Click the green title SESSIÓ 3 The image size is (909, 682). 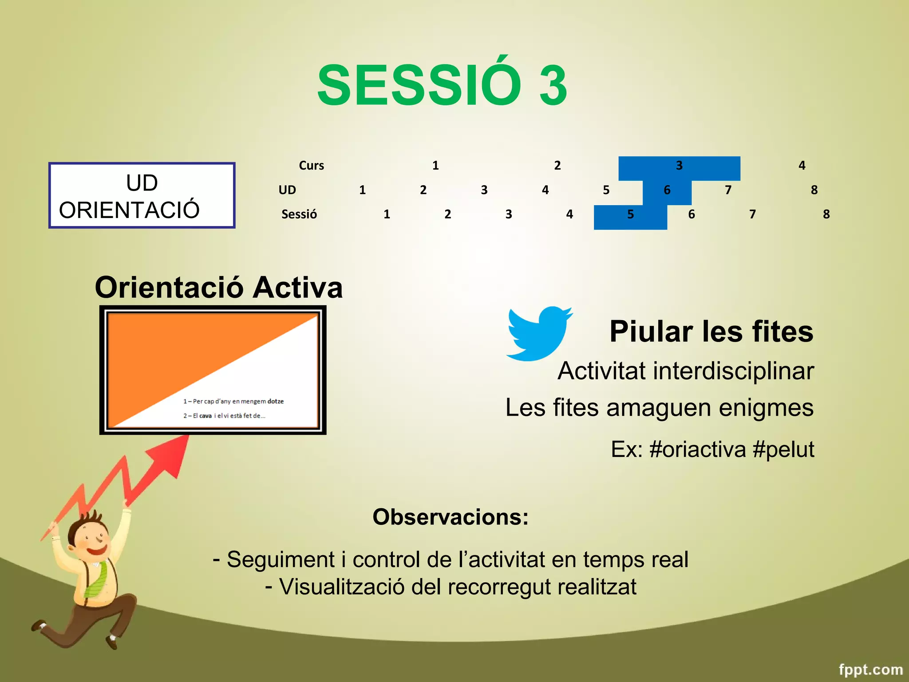click(x=442, y=85)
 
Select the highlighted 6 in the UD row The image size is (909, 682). click(x=667, y=190)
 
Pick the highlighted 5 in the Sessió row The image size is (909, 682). click(x=630, y=215)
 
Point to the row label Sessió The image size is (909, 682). click(x=299, y=215)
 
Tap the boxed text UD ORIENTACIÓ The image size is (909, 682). click(x=142, y=196)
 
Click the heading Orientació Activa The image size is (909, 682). click(x=219, y=288)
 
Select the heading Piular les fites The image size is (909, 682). click(x=711, y=332)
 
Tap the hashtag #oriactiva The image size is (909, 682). click(x=698, y=449)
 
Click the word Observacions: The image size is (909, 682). click(x=451, y=517)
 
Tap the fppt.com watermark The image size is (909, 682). click(x=870, y=669)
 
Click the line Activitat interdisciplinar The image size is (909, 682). click(x=685, y=371)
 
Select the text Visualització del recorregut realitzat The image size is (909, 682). click(x=457, y=587)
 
